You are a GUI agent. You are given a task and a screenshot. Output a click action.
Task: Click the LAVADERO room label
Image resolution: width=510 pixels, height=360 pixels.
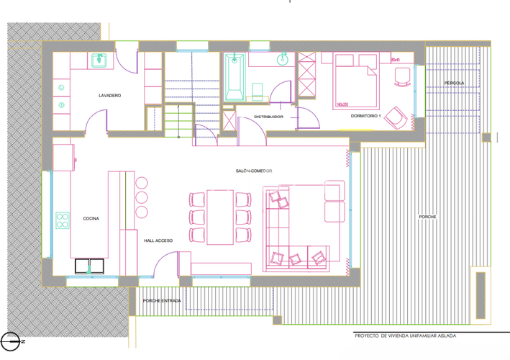(x=109, y=96)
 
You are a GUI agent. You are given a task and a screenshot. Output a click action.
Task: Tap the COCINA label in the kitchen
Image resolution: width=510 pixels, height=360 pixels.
(x=91, y=218)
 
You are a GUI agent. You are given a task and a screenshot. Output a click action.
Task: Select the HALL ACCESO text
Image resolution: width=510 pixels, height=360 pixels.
(x=158, y=241)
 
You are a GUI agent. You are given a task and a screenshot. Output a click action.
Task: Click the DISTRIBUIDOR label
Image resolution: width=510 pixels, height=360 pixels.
(x=258, y=117)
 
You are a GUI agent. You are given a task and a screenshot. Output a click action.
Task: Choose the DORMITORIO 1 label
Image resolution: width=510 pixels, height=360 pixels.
(x=365, y=116)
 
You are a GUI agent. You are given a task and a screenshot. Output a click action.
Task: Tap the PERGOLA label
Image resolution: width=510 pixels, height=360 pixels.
(x=454, y=83)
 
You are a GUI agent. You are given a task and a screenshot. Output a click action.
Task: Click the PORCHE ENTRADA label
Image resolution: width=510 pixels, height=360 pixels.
(x=161, y=301)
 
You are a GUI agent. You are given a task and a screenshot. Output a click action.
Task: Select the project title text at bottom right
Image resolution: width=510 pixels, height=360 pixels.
(x=405, y=336)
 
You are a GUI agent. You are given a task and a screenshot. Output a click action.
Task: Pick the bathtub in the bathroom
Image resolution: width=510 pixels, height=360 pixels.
(x=234, y=77)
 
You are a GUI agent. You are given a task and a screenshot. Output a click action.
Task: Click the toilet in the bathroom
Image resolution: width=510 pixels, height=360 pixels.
(x=258, y=91)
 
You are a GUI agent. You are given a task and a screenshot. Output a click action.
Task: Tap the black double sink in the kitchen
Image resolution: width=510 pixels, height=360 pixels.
(x=91, y=266)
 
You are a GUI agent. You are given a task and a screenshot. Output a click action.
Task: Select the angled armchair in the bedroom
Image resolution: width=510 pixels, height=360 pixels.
(x=395, y=116)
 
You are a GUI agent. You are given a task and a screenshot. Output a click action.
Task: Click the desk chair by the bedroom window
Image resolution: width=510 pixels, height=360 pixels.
(x=401, y=76)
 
